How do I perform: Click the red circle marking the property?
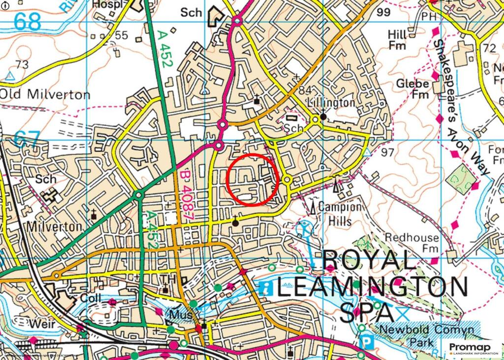point(253,179)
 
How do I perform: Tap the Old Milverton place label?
point(45,94)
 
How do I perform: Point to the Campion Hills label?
point(339,213)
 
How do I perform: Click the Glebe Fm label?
point(413,89)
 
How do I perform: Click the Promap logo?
point(472,349)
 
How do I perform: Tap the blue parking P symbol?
point(367,341)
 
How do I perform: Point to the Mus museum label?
point(179,314)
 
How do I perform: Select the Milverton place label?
point(54,227)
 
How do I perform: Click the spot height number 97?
point(387,152)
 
